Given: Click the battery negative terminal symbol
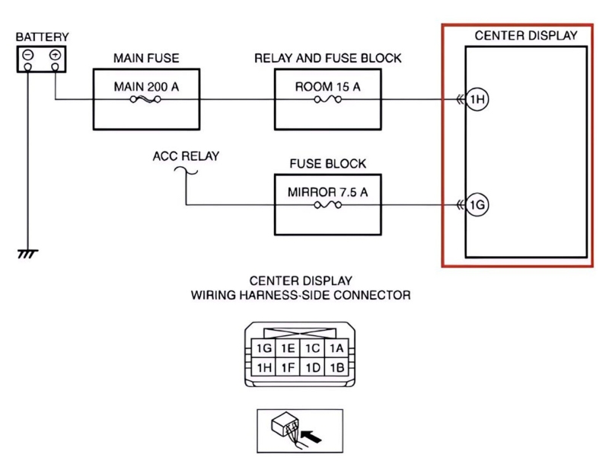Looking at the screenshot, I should point(27,56).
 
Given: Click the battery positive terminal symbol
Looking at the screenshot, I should point(55,56).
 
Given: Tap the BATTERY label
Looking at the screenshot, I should point(42,37).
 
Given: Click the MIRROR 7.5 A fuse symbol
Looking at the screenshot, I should point(327,205).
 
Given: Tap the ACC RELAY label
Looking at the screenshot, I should point(186,156).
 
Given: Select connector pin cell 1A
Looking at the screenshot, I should point(337,349).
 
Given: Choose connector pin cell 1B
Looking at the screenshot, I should point(337,368).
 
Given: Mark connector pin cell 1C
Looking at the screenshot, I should point(312,349).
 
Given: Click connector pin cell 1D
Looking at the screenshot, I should point(312,368).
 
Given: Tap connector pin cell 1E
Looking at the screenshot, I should point(288,349).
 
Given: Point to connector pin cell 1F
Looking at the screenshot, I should point(288,368).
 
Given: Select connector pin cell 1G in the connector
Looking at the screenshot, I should point(264,349).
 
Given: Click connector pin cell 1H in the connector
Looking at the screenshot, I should point(264,368).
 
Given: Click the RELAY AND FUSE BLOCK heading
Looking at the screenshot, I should point(327,58).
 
